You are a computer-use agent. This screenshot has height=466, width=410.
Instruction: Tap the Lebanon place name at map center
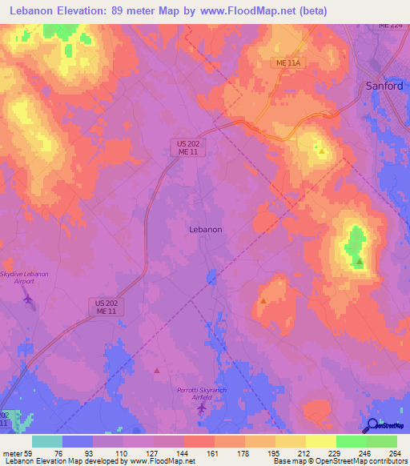205,228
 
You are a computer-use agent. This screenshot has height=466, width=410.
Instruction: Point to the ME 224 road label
390,25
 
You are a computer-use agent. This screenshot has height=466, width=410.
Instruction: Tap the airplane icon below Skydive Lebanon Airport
30,299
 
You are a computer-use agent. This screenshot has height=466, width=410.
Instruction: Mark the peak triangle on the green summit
359,261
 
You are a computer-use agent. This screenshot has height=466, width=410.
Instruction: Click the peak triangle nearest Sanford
322,149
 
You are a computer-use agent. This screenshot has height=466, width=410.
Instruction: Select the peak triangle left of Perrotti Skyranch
157,371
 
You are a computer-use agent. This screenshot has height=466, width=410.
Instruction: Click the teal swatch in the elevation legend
46,441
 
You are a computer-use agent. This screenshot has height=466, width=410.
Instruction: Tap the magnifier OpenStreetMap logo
372,425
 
